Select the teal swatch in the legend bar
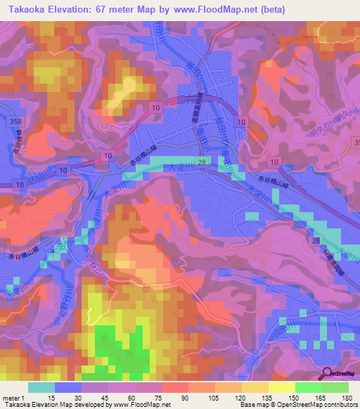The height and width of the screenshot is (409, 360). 41,387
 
